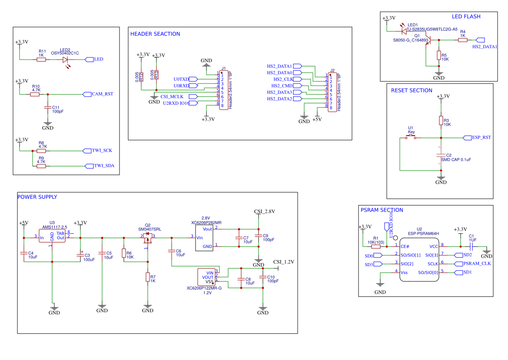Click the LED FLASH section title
[x=466, y=17]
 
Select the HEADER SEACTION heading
[x=155, y=34]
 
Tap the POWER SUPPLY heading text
[x=37, y=197]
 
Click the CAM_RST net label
[x=103, y=94]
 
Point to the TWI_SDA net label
[x=104, y=166]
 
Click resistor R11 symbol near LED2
[x=41, y=60]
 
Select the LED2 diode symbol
[x=65, y=60]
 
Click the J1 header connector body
[x=223, y=90]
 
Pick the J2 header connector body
[x=332, y=92]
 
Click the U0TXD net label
[x=182, y=80]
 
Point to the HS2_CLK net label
[x=283, y=80]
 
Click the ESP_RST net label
[x=481, y=138]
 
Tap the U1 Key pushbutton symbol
[x=411, y=137]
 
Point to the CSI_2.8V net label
[x=264, y=212]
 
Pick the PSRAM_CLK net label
[x=477, y=264]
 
